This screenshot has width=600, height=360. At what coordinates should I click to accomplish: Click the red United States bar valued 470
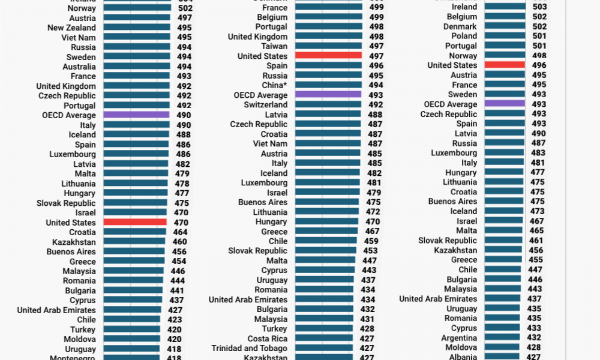(x=135, y=223)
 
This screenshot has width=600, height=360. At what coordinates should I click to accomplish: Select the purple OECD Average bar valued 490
(x=137, y=115)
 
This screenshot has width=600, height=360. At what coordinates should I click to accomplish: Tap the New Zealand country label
(x=71, y=28)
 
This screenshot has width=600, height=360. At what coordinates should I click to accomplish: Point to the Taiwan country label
(x=274, y=46)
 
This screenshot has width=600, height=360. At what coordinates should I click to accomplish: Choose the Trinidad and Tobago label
(x=249, y=348)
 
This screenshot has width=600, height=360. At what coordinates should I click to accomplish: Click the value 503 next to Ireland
(x=539, y=7)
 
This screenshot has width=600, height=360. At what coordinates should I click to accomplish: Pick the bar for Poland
(x=505, y=36)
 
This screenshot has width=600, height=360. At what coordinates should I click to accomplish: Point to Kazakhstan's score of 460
(x=179, y=242)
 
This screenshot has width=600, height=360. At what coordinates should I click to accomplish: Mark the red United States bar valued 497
(x=329, y=56)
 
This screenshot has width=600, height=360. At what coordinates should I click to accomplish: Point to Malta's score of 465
(x=536, y=230)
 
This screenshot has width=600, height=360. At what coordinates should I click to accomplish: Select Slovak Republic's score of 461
(x=536, y=240)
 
